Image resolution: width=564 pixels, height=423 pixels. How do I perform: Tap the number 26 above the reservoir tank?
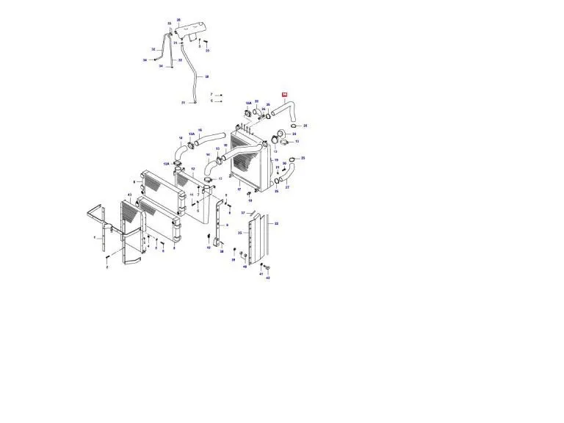(x=178, y=21)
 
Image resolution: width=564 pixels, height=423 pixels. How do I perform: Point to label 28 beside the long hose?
(x=207, y=76)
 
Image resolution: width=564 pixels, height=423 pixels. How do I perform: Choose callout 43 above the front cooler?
(x=129, y=194)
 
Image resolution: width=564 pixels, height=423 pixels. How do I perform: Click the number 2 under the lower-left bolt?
(x=107, y=268)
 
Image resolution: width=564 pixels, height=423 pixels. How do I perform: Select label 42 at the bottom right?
(x=268, y=278)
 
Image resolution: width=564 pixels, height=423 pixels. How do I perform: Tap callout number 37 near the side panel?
(x=242, y=213)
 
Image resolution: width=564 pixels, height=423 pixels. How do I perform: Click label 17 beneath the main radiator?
(x=239, y=189)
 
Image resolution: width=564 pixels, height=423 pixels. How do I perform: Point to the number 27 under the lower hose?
(x=287, y=187)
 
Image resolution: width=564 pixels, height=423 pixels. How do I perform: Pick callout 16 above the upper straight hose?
(x=199, y=130)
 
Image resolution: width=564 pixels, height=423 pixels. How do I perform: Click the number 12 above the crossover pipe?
(x=192, y=168)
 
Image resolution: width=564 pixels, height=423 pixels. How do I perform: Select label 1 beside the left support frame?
(x=94, y=238)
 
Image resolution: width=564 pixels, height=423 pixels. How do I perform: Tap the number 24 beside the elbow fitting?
(x=264, y=109)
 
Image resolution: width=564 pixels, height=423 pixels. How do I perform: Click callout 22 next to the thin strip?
(x=276, y=223)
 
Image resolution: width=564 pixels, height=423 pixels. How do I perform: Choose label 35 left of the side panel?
(x=239, y=232)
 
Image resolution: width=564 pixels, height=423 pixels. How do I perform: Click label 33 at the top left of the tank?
(x=169, y=23)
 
